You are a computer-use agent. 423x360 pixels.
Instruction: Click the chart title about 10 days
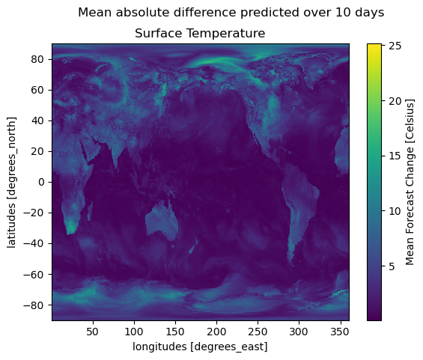[231, 13]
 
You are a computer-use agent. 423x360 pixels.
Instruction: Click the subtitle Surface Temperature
[200, 34]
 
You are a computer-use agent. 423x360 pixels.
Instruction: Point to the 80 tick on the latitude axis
[37, 59]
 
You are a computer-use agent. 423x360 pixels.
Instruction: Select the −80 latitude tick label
[34, 305]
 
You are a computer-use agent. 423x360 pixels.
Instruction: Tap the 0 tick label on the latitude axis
[40, 183]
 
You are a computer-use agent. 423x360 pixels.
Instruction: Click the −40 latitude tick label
[34, 244]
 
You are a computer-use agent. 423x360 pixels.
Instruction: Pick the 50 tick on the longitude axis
[93, 332]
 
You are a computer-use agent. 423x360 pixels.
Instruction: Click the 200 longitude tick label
[216, 332]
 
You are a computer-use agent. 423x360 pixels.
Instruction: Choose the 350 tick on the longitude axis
[340, 332]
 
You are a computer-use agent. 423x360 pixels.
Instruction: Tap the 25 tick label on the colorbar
[395, 46]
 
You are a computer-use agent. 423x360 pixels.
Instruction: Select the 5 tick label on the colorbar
[392, 266]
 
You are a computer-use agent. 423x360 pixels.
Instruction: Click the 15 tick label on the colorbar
[395, 156]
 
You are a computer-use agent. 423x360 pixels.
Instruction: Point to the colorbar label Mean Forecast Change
[410, 183]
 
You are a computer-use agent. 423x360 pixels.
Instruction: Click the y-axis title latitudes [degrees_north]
[11, 183]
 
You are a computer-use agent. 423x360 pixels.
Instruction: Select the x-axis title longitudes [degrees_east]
[200, 347]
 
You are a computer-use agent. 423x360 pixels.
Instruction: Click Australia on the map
[162, 220]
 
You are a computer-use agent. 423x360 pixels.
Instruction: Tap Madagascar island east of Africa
[90, 211]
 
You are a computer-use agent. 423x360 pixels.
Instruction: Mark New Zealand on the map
[193, 247]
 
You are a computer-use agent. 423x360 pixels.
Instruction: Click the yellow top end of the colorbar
[374, 45]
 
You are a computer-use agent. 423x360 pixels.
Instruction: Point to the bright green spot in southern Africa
[71, 226]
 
